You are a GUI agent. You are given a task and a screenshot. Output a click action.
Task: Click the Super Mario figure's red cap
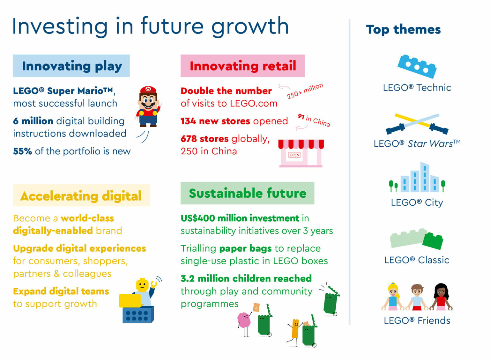[x=148, y=90]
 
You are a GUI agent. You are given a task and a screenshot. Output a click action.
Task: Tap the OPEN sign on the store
[x=294, y=155]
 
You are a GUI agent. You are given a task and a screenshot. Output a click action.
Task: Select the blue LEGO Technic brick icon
[x=417, y=66]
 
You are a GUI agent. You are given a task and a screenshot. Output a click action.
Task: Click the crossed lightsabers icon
[x=417, y=124]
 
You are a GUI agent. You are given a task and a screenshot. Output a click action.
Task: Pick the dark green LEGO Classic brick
[x=433, y=241]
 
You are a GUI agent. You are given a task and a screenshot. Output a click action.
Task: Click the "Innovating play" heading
[x=72, y=66]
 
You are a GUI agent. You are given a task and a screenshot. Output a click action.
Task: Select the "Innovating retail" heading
[x=243, y=66]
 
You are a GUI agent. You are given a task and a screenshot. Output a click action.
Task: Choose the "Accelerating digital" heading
[x=81, y=196]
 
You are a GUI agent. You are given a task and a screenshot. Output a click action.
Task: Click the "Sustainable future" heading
[x=248, y=193]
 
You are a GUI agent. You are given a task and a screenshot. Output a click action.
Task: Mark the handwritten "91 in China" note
[x=314, y=120]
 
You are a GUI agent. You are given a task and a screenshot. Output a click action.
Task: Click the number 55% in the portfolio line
[x=22, y=151]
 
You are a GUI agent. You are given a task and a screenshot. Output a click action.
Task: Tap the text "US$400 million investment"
[x=240, y=218]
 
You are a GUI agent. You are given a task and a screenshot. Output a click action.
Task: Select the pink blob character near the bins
[x=244, y=320]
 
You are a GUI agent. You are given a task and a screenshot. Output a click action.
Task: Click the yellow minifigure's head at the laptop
[x=142, y=285]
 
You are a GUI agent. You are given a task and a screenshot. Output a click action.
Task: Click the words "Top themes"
[x=403, y=30]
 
